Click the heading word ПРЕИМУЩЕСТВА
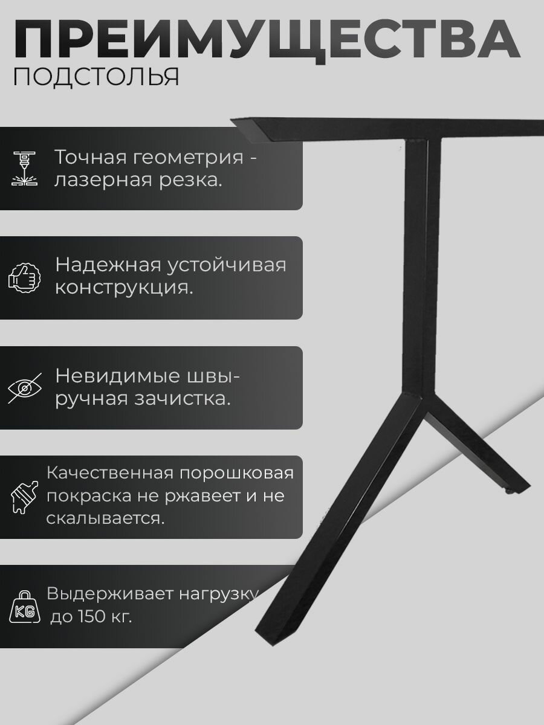tap(266, 39)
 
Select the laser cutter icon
tap(24, 169)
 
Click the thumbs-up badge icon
tap(24, 278)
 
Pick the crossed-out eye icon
tap(24, 387)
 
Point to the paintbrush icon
tap(24, 497)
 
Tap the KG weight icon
tap(25, 607)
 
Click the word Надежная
tap(106, 265)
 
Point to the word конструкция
tap(124, 288)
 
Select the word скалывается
tap(105, 519)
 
